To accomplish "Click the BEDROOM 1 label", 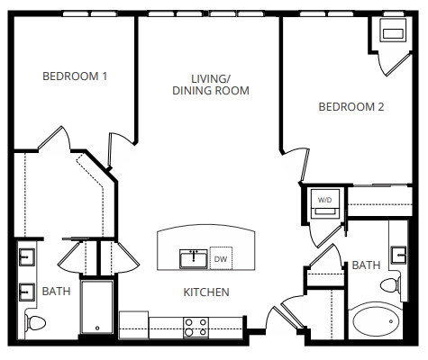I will coord(76,76).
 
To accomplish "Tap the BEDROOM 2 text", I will coord(351,106).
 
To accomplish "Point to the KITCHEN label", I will coord(206,292).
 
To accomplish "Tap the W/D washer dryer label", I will coord(324,199).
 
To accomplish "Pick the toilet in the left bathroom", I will coord(35,321).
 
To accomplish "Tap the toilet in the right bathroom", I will coord(391,284).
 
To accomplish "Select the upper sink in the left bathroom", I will coord(26,257).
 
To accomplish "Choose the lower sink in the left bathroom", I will coord(26,292).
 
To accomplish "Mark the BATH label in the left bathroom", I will coord(56,292).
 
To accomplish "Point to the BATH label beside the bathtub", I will coord(366,265).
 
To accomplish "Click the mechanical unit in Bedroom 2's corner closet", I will coord(394,33).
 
